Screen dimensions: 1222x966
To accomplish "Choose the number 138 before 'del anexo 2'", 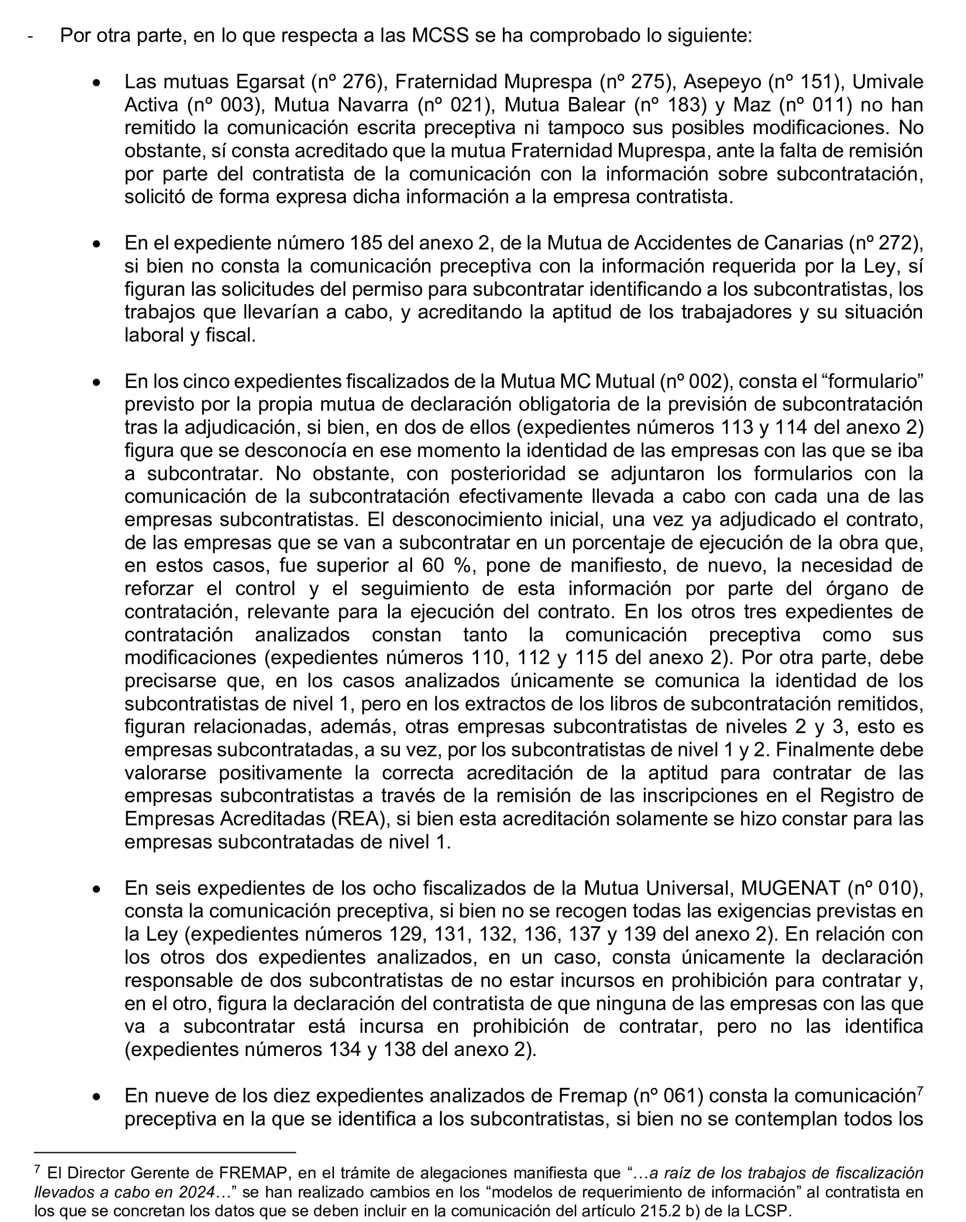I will (401, 1050).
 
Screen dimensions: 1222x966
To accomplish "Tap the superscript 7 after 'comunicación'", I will (920, 1090).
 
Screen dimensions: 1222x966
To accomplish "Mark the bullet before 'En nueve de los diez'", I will (97, 1097).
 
